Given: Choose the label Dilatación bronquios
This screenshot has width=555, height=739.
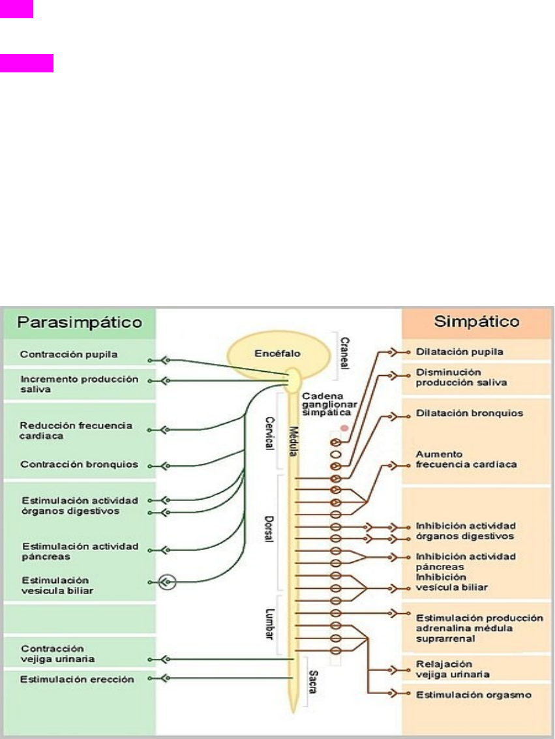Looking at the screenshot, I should [470, 414].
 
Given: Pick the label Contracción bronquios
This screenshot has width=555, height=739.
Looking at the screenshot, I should [79, 465].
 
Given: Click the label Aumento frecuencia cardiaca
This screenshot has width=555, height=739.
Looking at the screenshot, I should [466, 459].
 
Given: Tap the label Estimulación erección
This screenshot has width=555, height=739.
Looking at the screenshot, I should [77, 679].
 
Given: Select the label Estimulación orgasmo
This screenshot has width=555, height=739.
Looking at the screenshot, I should [473, 695].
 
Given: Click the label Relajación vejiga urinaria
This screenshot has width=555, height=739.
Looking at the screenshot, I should [453, 669].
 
